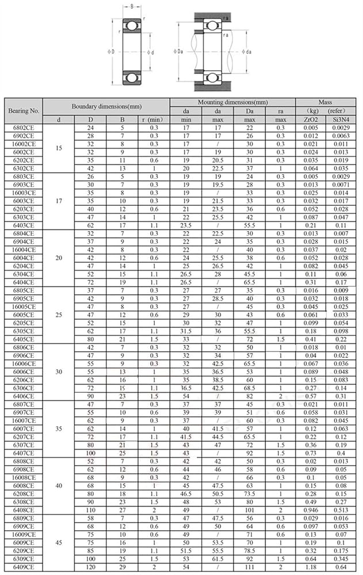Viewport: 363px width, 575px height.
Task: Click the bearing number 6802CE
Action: coord(24,127)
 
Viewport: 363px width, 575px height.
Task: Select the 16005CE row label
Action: coord(24,307)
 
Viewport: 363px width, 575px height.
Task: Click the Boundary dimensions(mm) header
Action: coord(106,106)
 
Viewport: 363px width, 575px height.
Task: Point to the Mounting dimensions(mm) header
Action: coord(232,102)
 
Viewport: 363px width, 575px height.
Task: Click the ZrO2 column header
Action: coord(311,119)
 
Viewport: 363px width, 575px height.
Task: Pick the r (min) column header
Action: coord(154,119)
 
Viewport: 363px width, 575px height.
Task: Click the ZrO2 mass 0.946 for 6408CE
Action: coord(311,510)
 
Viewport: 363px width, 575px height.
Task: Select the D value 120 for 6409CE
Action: coord(90,568)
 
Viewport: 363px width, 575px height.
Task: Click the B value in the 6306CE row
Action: coord(122,389)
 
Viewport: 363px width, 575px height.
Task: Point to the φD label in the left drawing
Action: coord(111,52)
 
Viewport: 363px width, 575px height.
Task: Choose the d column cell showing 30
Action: coord(59,372)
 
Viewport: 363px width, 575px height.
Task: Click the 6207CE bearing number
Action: coord(24,438)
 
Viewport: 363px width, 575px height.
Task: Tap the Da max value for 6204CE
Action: coord(250,266)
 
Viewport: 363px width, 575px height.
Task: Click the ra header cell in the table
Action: coord(280,111)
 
